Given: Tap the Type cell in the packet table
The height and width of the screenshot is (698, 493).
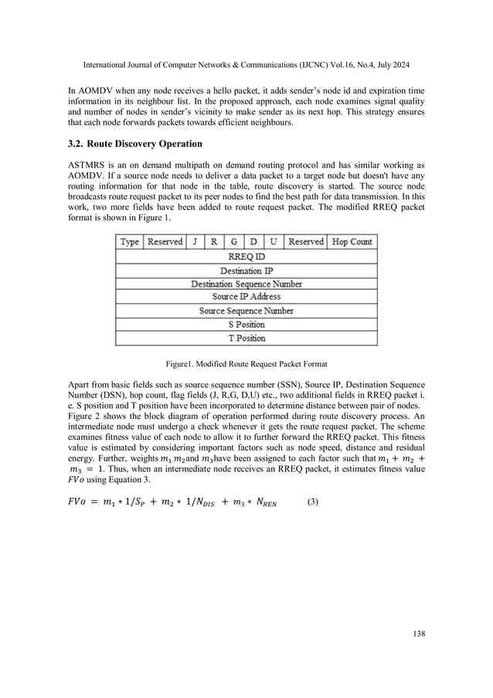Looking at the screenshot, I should [130, 242].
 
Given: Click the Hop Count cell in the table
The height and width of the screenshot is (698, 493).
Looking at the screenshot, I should [352, 242].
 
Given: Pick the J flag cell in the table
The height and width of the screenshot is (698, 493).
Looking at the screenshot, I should [194, 242].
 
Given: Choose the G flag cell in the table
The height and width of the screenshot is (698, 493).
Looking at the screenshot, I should [233, 242].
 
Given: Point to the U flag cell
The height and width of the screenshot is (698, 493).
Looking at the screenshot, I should [273, 242].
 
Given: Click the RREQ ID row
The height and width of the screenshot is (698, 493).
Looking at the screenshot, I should [246, 257].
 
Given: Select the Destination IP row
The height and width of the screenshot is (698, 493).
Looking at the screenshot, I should [246, 271].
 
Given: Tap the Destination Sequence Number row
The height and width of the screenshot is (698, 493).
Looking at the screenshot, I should [246, 284].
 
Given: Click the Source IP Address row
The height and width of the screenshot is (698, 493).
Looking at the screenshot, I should [246, 297].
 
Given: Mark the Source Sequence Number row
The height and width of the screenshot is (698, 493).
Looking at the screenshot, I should [246, 311].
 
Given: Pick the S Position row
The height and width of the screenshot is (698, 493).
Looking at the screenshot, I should [246, 325].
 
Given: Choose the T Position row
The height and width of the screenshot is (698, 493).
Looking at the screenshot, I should [246, 339].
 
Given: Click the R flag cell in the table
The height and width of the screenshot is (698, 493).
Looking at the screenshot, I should [213, 242].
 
